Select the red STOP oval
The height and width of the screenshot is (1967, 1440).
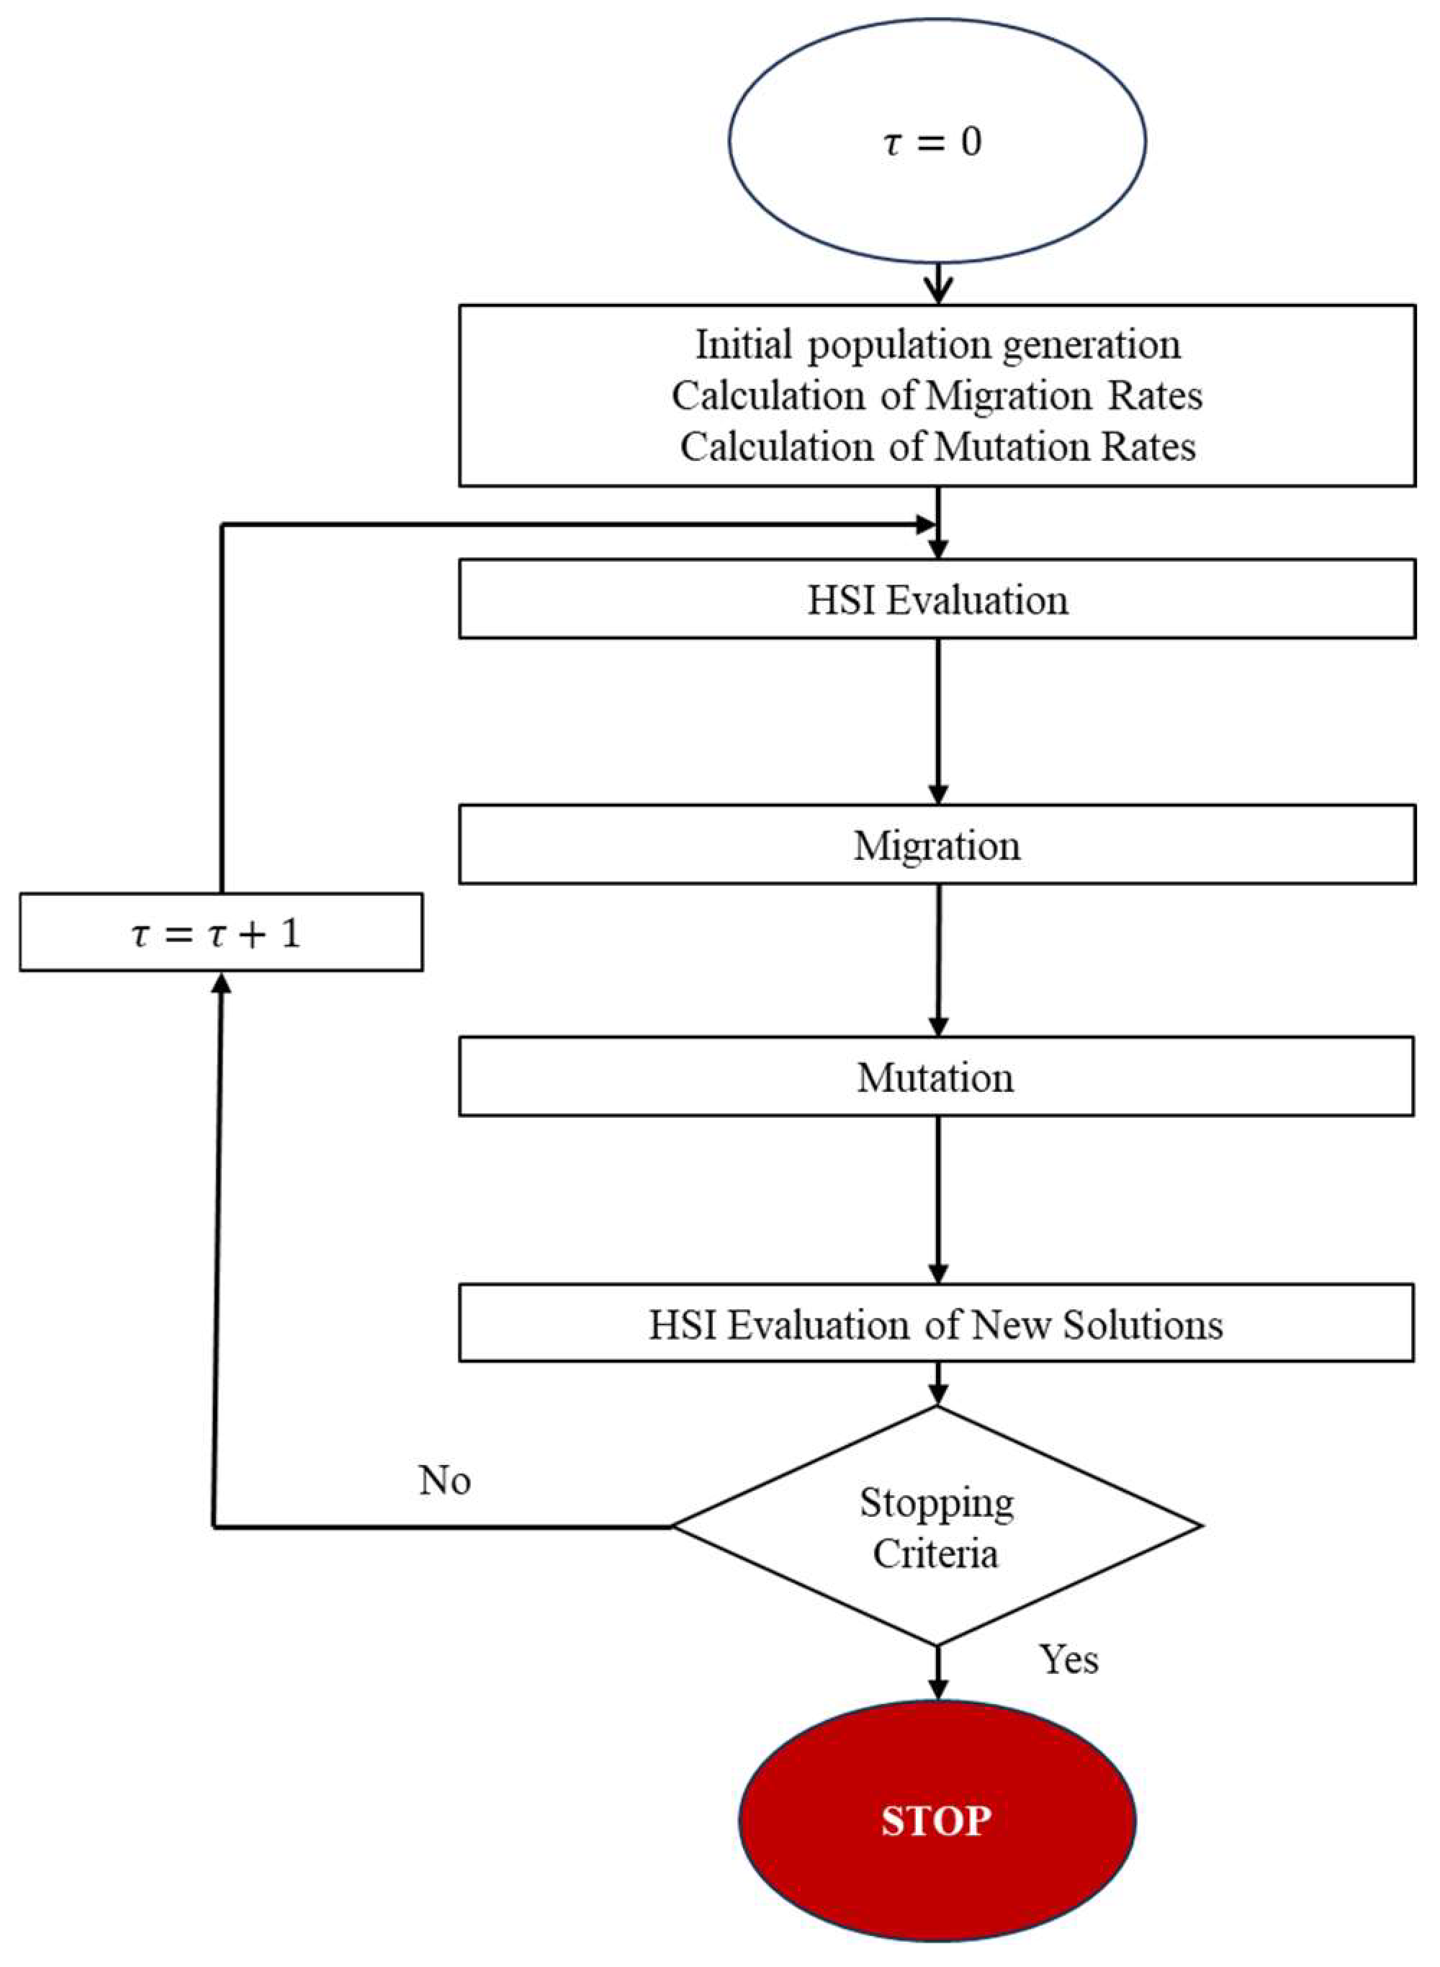coord(937,1821)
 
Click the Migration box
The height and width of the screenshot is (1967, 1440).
coord(937,845)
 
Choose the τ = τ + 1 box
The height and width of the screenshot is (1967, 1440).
coord(220,932)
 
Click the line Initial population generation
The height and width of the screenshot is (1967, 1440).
coord(937,345)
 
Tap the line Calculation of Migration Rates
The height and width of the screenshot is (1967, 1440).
coord(937,396)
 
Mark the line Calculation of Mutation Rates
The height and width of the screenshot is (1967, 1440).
coord(937,447)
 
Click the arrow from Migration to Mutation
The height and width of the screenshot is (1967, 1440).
coord(938,959)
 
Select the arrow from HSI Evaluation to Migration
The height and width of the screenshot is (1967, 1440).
coord(938,720)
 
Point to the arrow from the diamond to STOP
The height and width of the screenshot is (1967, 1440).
coord(938,1670)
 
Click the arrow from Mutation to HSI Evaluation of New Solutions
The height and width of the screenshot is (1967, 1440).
coord(938,1199)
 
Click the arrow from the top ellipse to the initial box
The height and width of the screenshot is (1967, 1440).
coord(938,283)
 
